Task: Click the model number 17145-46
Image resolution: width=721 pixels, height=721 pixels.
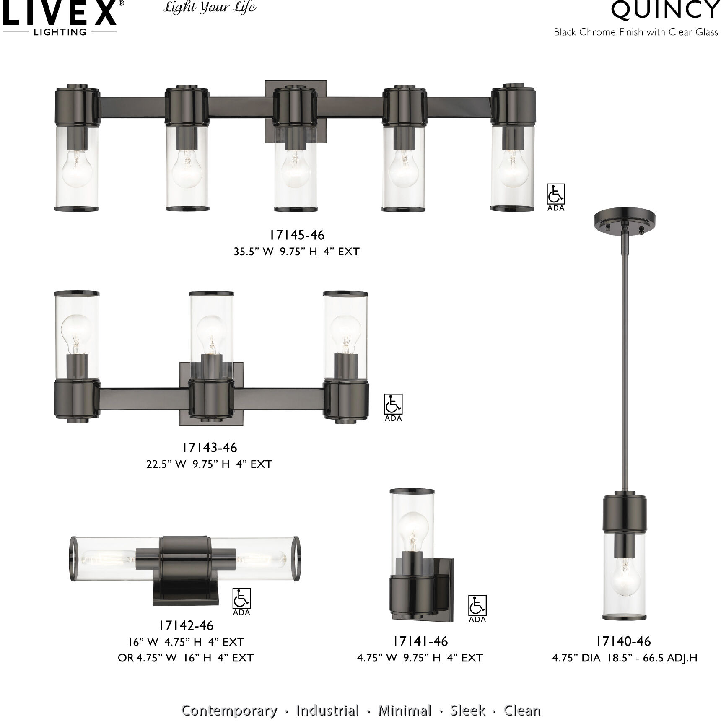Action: click(297, 235)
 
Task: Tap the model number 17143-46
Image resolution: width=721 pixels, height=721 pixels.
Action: click(210, 448)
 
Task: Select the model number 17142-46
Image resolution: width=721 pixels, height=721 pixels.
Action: click(186, 625)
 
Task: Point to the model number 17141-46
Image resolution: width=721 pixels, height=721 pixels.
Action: click(420, 641)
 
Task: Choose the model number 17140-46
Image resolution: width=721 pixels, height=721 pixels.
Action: click(624, 641)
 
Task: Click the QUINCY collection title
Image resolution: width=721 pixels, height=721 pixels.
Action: click(665, 10)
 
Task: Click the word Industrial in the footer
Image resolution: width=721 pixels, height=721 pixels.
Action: click(327, 699)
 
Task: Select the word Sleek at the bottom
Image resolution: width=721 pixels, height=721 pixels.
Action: click(468, 699)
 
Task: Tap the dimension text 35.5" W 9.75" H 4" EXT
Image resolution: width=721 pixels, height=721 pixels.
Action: click(297, 252)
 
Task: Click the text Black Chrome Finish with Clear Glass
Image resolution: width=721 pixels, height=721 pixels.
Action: click(635, 32)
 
